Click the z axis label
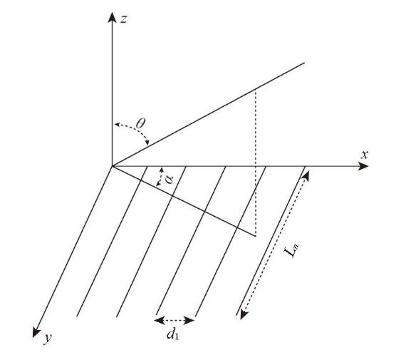123,19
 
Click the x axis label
365,155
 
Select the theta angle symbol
140,123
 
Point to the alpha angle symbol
169,179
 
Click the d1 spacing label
172,334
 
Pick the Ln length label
291,250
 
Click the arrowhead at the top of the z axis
112,17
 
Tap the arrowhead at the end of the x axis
363,166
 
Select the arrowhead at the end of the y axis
36,333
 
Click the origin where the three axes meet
112,166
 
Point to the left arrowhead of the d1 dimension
159,320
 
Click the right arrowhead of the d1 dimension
189,320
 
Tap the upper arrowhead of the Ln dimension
306,176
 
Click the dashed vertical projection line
256,163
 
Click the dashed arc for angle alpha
160,177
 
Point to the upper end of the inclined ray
304,63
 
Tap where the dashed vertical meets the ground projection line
256,235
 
